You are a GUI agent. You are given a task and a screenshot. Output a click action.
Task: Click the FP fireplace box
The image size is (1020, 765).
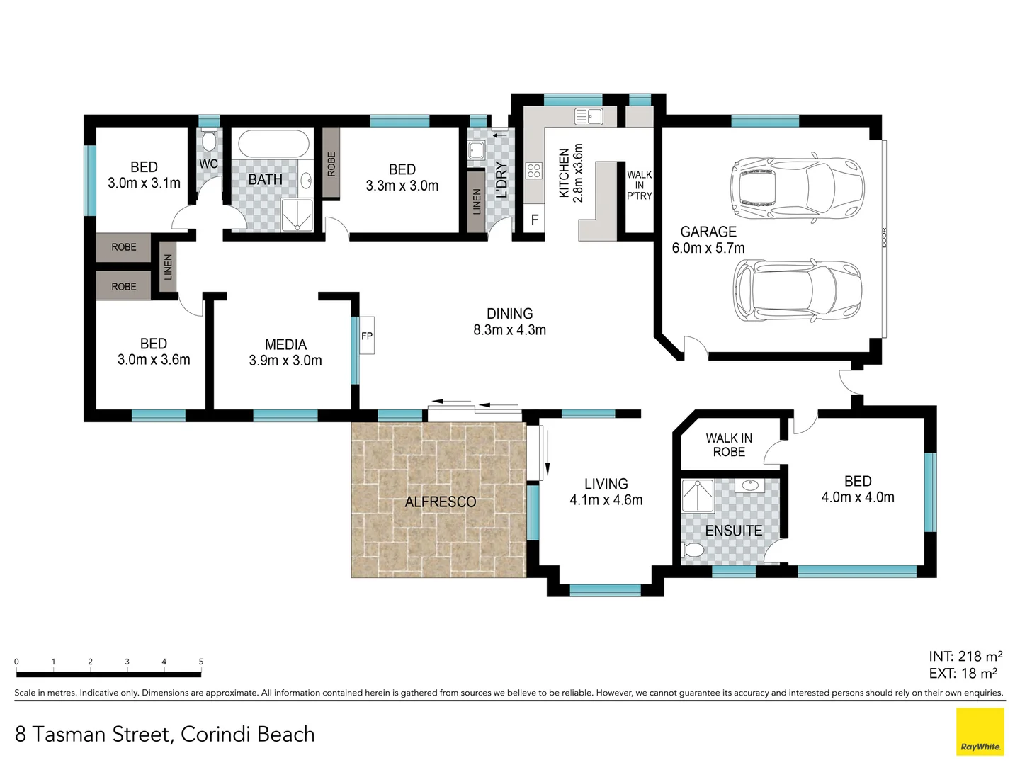pyautogui.click(x=367, y=335)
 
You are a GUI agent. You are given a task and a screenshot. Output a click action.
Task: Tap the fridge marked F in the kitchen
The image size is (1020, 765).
pyautogui.click(x=535, y=219)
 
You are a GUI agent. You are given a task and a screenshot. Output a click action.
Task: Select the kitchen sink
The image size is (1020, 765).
pyautogui.click(x=589, y=116)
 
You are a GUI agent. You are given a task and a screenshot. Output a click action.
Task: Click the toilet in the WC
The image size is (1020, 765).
pyautogui.click(x=209, y=140)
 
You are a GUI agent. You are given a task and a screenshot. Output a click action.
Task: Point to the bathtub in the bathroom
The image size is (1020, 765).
pyautogui.click(x=270, y=144)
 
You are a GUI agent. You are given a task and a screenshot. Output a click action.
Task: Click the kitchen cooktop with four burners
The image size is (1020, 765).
pyautogui.click(x=534, y=171)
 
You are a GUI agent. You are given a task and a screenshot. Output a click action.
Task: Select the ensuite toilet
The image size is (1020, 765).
pyautogui.click(x=693, y=550)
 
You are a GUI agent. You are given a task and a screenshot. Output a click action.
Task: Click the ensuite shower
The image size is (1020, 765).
pyautogui.click(x=698, y=496)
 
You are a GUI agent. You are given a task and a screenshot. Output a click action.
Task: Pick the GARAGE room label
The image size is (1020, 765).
pyautogui.click(x=708, y=232)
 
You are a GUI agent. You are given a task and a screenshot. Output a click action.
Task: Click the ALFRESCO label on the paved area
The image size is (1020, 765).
pyautogui.click(x=440, y=501)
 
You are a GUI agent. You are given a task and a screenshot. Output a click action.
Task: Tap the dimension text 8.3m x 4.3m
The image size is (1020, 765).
pyautogui.click(x=510, y=330)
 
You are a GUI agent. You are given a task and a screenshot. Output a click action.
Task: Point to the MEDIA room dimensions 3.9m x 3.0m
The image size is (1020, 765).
pyautogui.click(x=285, y=361)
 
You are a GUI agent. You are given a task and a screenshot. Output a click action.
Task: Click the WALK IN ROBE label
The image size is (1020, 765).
pyautogui.click(x=729, y=445)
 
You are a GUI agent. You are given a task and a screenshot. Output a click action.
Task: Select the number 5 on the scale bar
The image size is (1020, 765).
pyautogui.click(x=201, y=662)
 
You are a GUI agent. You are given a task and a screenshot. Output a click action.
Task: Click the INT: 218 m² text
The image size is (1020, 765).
pyautogui.click(x=965, y=657)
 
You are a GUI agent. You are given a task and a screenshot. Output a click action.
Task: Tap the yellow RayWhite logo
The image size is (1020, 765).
pyautogui.click(x=980, y=732)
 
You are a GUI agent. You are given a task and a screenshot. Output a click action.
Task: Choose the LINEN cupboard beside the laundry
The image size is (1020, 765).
pyautogui.click(x=476, y=202)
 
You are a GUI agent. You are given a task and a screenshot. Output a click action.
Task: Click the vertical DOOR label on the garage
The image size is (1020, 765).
pyautogui.click(x=884, y=237)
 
